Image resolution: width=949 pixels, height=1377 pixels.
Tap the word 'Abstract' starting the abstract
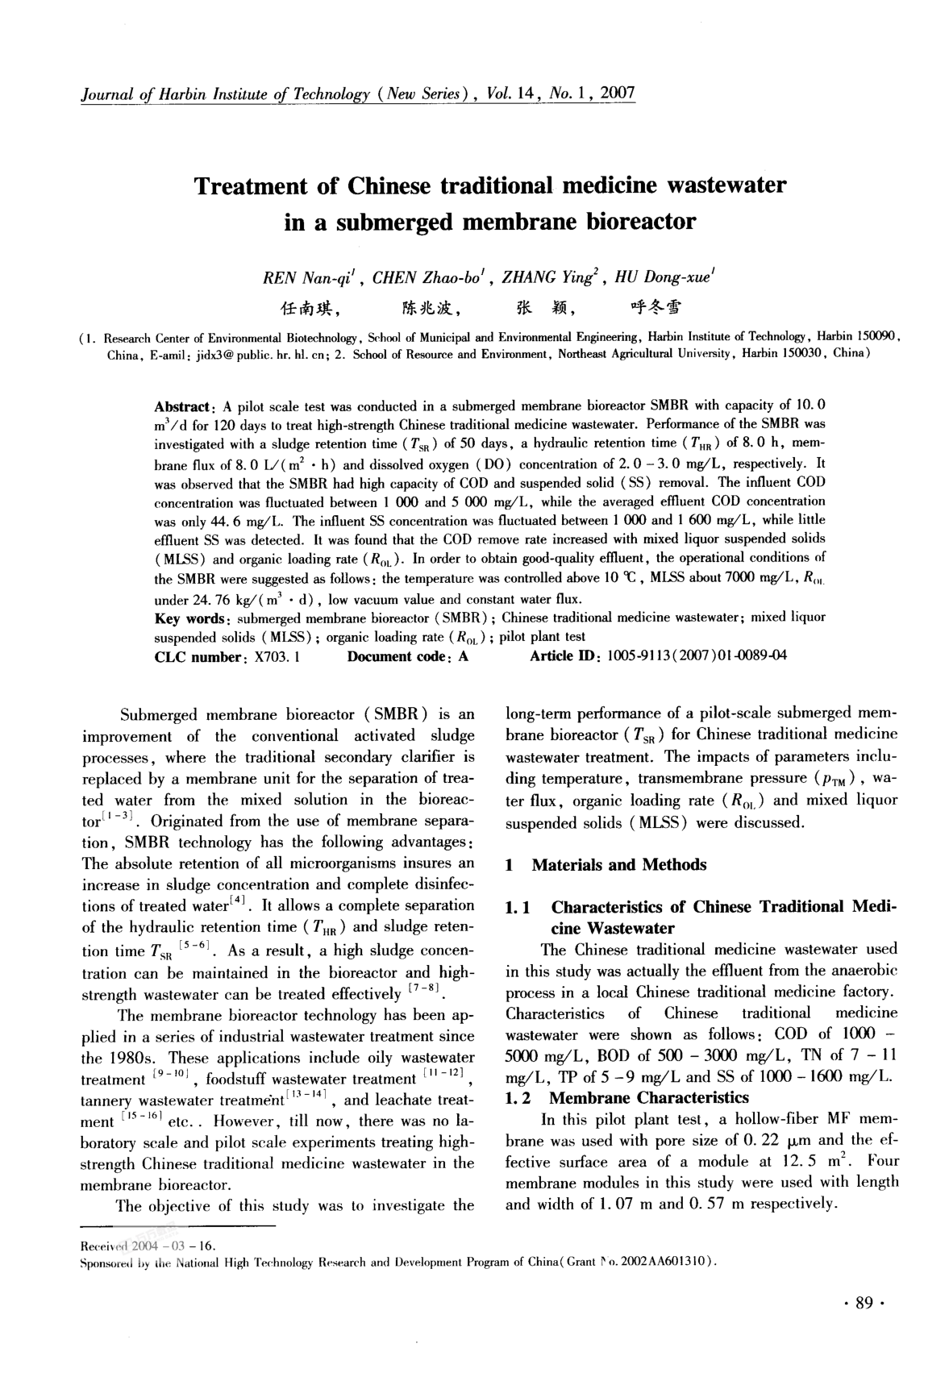182,406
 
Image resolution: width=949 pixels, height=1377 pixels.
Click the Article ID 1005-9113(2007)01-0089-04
697,657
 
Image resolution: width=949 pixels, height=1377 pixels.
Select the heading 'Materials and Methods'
618,865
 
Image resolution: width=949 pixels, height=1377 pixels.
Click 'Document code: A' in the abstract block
408,657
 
